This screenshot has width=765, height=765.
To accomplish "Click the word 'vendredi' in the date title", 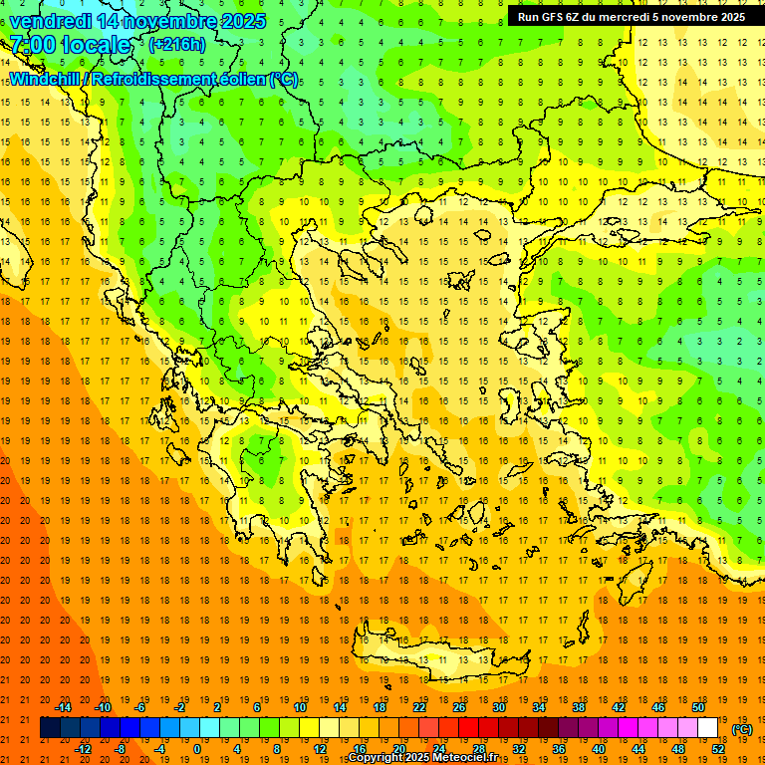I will coord(50,20).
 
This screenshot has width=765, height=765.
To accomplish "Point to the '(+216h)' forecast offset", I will coord(177,45).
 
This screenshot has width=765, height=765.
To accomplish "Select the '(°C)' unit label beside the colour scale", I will coord(742,729).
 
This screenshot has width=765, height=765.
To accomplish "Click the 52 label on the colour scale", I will coord(718,749).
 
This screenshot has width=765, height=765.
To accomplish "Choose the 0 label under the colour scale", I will coord(197,749).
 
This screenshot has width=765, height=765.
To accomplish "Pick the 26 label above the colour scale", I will coord(459,707).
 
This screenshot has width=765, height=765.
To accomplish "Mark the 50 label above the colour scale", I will coord(697,707).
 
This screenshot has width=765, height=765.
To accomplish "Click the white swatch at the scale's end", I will coord(708,728).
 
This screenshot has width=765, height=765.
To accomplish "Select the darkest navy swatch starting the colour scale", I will coord(50,728).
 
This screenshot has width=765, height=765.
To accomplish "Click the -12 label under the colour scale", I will coord(83,749).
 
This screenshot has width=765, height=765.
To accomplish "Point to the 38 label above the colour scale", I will coord(578,707).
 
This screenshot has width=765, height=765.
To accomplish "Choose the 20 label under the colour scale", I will coord(399,749).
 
